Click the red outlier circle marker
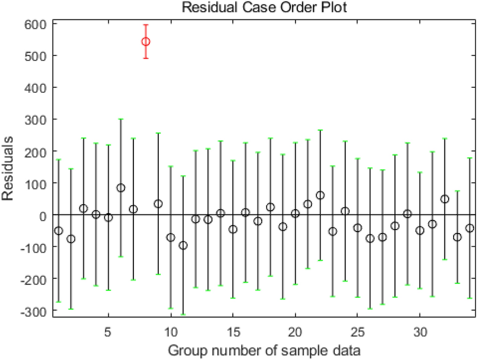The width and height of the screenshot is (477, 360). point(145,42)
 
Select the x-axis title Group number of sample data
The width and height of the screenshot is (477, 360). point(264,350)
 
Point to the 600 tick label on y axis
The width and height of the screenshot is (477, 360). point(35,23)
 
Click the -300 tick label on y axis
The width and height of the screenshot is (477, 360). point(33,311)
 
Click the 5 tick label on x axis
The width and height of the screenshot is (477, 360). point(108,330)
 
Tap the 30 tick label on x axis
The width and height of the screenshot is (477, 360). point(419,330)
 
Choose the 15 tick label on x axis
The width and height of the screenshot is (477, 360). point(233,330)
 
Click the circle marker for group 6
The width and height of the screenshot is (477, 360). point(120,188)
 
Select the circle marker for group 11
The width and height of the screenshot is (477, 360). point(183,245)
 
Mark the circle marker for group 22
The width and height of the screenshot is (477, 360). point(320,195)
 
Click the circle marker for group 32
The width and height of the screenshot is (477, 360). point(445,199)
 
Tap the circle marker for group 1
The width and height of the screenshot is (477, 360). point(59,231)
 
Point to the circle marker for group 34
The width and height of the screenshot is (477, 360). point(470,228)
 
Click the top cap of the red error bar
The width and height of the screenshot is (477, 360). point(145,25)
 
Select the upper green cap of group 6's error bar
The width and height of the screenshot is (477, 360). point(120,119)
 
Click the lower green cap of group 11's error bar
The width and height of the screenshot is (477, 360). point(183,314)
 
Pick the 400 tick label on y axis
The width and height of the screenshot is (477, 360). point(35,87)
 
